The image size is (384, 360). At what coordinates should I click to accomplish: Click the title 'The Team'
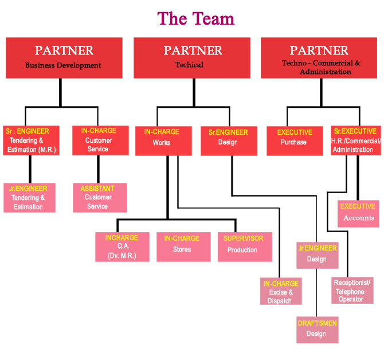(x=195, y=18)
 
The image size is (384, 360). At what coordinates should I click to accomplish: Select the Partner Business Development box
(x=64, y=57)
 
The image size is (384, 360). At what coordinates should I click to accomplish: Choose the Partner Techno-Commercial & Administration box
(x=319, y=57)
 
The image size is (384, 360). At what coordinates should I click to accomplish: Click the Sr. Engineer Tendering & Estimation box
(x=29, y=140)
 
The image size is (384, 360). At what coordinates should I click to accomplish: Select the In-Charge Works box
(x=163, y=140)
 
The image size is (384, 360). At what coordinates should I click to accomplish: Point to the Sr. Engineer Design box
(x=228, y=140)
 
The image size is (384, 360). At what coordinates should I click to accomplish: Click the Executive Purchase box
(x=294, y=140)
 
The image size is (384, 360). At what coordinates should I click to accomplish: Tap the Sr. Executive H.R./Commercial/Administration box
(x=355, y=140)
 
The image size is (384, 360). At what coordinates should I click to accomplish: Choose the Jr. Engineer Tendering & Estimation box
(x=29, y=197)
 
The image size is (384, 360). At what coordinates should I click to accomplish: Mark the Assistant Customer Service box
(x=99, y=197)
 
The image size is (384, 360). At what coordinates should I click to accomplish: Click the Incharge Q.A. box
(x=122, y=246)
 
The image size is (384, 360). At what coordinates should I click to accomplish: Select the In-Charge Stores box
(x=183, y=246)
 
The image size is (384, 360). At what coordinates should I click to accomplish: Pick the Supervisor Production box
(x=244, y=246)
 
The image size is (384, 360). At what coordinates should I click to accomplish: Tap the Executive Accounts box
(x=358, y=213)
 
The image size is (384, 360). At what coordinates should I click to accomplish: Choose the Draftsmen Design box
(x=317, y=329)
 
